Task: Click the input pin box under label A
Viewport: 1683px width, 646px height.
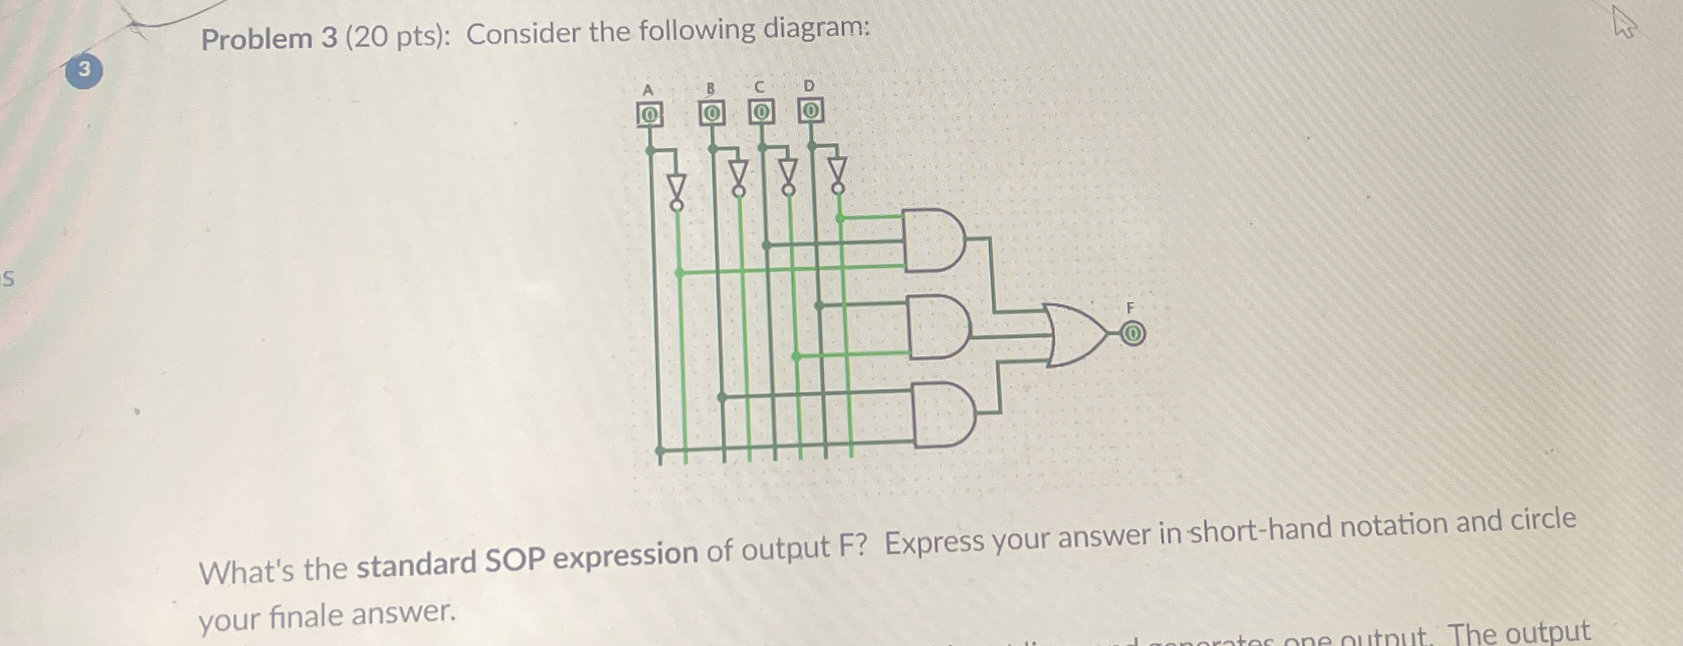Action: pyautogui.click(x=649, y=115)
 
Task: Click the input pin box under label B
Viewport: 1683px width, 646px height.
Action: pyautogui.click(x=711, y=114)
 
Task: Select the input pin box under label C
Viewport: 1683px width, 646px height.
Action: pyautogui.click(x=761, y=112)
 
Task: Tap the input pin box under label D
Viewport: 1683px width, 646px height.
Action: pyautogui.click(x=810, y=111)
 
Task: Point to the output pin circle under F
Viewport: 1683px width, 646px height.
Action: pyautogui.click(x=1133, y=335)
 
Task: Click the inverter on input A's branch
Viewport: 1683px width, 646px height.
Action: pyautogui.click(x=677, y=190)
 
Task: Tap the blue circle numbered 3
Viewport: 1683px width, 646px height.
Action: pyautogui.click(x=83, y=69)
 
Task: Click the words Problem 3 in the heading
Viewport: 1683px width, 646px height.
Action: pyautogui.click(x=269, y=38)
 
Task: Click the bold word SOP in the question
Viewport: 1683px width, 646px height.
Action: pyautogui.click(x=514, y=561)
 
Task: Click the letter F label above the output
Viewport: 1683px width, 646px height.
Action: pyautogui.click(x=1131, y=307)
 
